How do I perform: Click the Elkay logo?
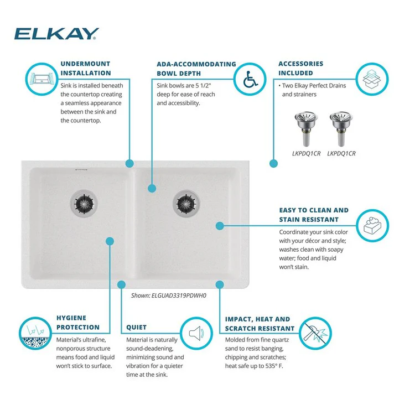pos(56,34)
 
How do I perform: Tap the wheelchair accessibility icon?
pos(250,79)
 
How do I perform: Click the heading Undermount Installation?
pos(86,68)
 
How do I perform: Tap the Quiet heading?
pos(137,327)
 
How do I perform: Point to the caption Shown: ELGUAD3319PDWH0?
pos(168,295)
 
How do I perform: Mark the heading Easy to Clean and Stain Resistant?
pos(314,215)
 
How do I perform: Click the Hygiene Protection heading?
pos(78,323)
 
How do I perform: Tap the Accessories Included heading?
pos(300,68)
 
